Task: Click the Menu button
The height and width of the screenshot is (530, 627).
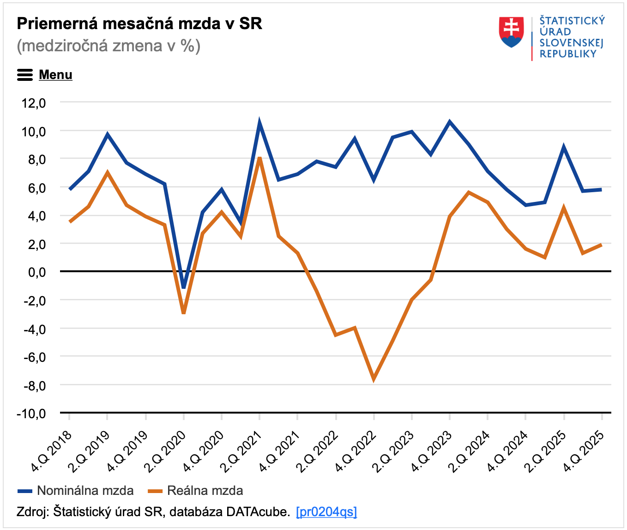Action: [x=45, y=75]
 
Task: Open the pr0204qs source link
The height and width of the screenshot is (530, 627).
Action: [x=326, y=512]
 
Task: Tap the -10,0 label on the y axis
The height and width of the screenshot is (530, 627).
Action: [x=31, y=413]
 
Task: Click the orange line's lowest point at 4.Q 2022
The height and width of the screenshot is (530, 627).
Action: [x=374, y=378]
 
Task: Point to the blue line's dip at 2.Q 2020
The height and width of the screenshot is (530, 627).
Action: [x=184, y=287]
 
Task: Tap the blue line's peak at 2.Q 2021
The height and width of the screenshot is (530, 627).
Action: [x=259, y=124]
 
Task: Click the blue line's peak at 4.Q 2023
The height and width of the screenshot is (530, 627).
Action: [x=450, y=122]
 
